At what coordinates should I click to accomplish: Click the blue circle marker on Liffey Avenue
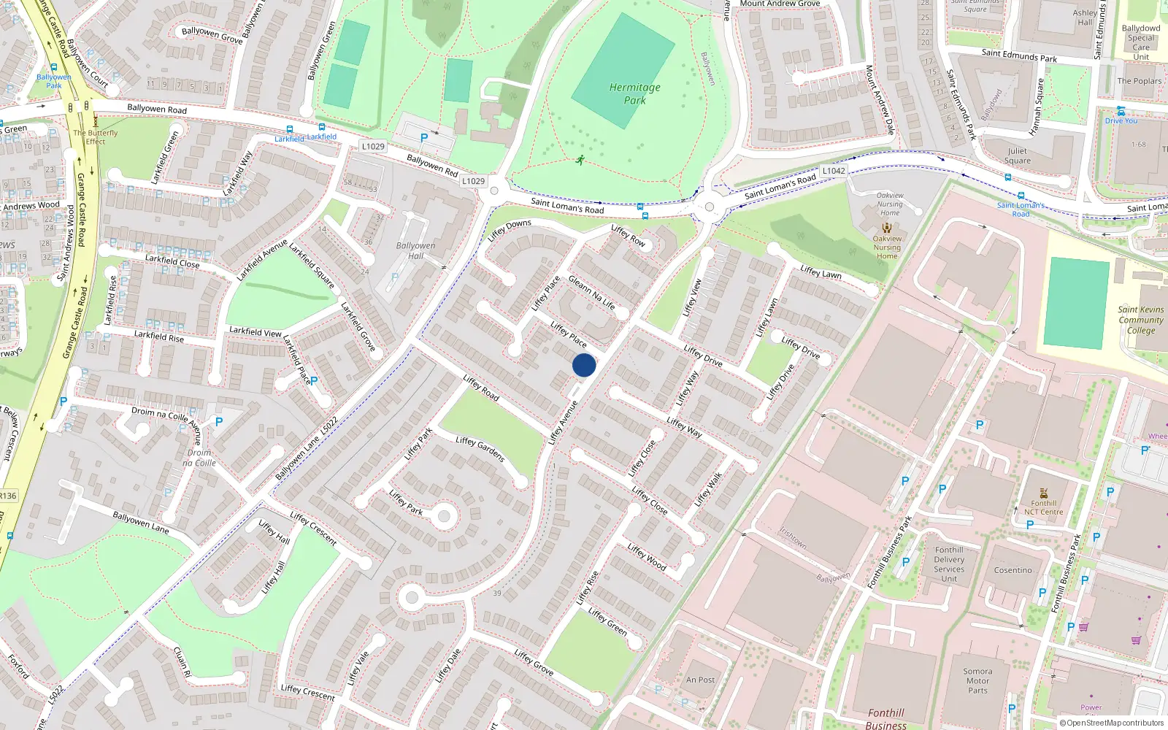[x=584, y=365]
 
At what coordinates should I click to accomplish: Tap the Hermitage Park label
[x=634, y=93]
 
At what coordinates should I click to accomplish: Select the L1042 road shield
[x=833, y=171]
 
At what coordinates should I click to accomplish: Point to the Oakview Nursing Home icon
[x=887, y=228]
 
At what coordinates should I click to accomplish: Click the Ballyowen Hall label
[x=415, y=250]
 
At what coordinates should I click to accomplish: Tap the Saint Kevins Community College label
[x=1140, y=320]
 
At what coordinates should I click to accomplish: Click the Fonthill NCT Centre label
[x=1043, y=507]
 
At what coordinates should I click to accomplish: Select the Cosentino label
[x=1013, y=570]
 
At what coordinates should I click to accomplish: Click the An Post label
[x=700, y=680]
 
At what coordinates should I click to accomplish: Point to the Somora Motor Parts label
[x=977, y=680]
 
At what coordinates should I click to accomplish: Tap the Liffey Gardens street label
[x=480, y=449]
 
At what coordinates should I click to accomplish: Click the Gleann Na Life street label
[x=591, y=292]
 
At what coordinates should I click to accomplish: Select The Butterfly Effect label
[x=95, y=137]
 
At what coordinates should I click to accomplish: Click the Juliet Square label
[x=1017, y=155]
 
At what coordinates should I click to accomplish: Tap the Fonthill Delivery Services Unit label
[x=948, y=564]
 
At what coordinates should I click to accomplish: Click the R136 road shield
[x=7, y=496]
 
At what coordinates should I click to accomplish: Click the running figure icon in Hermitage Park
[x=580, y=160]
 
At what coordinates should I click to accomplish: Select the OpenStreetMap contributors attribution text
[x=1111, y=723]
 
